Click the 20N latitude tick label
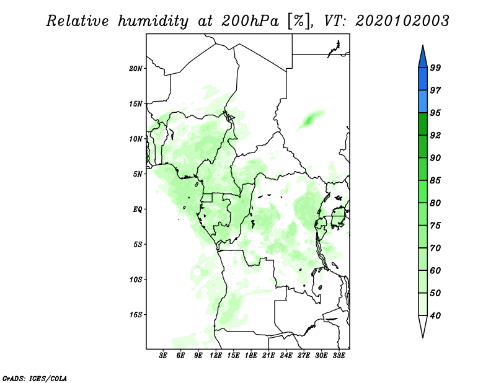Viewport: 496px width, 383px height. pos(136,69)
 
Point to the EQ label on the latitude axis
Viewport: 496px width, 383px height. pos(138,209)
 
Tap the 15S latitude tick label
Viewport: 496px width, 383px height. pos(136,315)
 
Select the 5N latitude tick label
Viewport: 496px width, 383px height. pos(138,174)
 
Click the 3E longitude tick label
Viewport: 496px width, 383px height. pos(163,356)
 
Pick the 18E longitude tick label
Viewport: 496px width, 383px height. pos(251,356)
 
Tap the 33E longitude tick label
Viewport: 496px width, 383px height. pos(339,356)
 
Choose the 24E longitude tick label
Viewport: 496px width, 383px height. pos(286,356)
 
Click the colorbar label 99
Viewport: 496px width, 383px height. pos(435,68)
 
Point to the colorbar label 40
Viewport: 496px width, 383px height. pos(435,315)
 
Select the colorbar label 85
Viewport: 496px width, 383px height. pos(435,180)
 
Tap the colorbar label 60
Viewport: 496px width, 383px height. pos(435,270)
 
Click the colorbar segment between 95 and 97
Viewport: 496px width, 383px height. pos(423,102)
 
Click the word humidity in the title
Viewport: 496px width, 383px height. pos(153,21)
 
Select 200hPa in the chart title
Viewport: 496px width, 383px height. pos(250,21)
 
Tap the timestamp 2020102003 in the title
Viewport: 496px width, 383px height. pos(402,21)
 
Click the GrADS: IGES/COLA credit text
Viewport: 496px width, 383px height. pos(35,378)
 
